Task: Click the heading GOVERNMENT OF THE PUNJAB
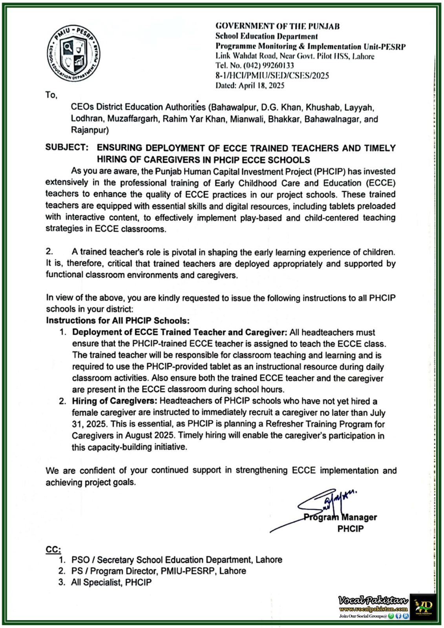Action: (277, 26)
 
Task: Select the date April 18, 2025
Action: (261, 85)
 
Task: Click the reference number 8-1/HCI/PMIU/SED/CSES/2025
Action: (272, 75)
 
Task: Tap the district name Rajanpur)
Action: (90, 130)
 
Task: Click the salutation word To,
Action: (51, 95)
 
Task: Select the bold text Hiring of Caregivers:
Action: (114, 401)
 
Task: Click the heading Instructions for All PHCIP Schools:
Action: (118, 320)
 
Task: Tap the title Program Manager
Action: (340, 517)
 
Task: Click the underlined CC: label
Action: (53, 549)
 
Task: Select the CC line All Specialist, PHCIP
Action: (111, 582)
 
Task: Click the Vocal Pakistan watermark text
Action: (373, 600)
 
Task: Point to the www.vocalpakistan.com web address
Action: (373, 609)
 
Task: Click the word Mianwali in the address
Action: (247, 119)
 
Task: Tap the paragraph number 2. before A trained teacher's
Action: (49, 252)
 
